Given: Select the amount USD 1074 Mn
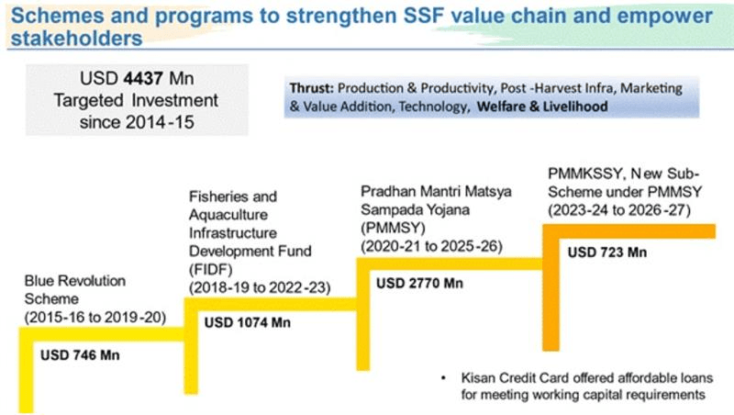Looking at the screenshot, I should tap(247, 321).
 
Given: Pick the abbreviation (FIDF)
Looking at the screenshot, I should tap(209, 267).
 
